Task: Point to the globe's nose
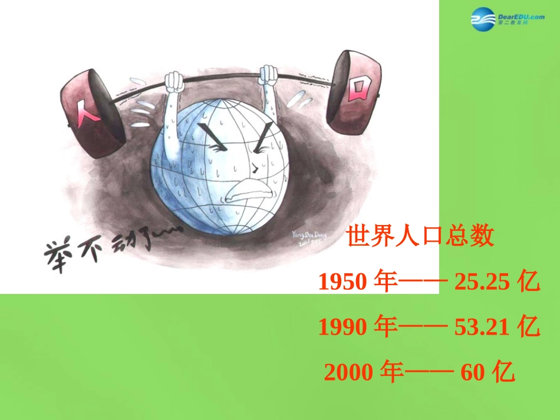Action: click(254, 168)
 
